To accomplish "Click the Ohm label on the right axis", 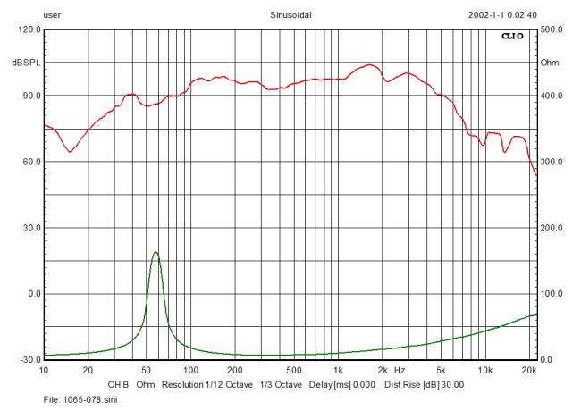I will (550, 63).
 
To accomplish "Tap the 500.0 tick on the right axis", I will (553, 29).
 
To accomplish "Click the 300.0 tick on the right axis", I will (553, 162).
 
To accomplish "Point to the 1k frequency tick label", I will (338, 369).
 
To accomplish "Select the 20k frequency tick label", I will (529, 369).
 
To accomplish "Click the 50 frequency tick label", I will (147, 369).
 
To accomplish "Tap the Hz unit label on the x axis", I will (400, 369).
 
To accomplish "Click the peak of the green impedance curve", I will (156, 252).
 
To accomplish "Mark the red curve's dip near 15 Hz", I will (70, 151).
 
